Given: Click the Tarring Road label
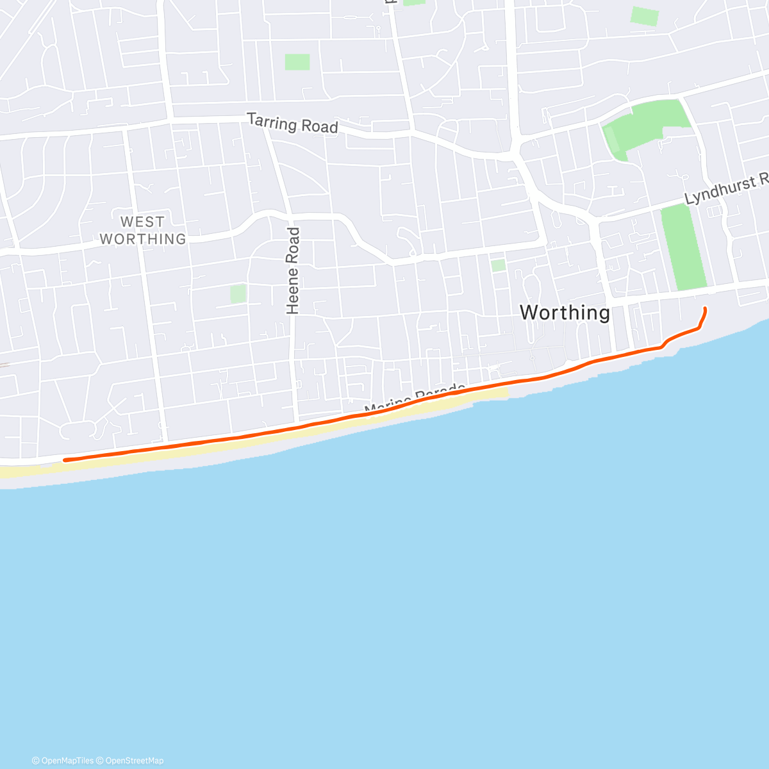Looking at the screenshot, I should tap(292, 123).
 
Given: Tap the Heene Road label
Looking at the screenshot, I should tap(293, 271).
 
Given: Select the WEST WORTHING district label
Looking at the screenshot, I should tap(142, 231).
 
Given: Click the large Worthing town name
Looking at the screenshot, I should tap(565, 313).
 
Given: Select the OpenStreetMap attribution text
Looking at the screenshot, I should tap(134, 761).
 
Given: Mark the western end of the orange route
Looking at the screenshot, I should tap(65, 459).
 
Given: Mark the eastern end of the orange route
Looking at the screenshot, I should tap(705, 310).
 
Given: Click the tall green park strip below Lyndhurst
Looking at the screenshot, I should tap(684, 247).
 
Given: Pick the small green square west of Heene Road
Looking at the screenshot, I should tap(238, 294).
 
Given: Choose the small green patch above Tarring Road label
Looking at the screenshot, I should tap(297, 62).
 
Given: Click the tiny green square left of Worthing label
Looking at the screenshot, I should tap(498, 265).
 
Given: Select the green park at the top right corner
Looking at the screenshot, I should tap(644, 16).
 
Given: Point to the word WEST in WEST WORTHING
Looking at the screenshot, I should tap(142, 222).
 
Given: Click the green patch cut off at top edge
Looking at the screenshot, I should tap(414, 2).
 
